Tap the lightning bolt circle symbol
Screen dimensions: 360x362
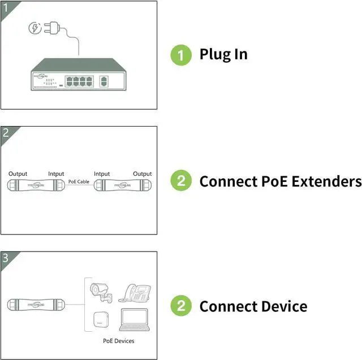click(x=34, y=28)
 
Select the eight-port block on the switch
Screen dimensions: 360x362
click(x=79, y=80)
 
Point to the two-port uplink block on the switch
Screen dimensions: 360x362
click(x=104, y=80)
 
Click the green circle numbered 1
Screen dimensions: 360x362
click(x=181, y=54)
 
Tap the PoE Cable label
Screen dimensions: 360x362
click(x=79, y=182)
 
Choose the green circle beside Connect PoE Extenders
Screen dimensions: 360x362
click(x=181, y=181)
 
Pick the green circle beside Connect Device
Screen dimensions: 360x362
click(x=181, y=306)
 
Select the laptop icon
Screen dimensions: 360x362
click(x=135, y=320)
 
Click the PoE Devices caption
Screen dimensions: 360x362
click(x=119, y=341)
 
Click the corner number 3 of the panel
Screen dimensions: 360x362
click(x=6, y=258)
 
